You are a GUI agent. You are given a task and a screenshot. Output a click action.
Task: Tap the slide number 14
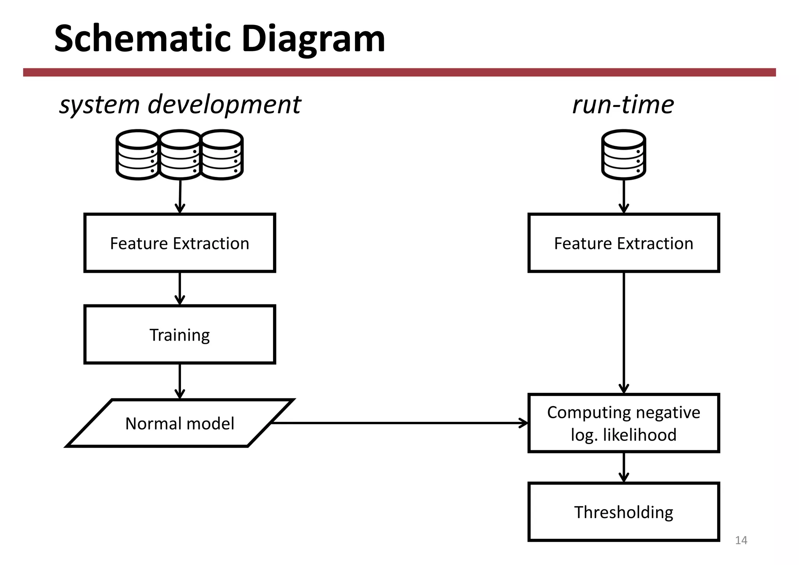[741, 540]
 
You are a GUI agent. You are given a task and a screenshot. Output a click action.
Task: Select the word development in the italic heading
[224, 105]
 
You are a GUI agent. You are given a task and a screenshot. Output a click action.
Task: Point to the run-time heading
[623, 105]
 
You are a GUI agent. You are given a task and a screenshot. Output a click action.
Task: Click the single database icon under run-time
[623, 155]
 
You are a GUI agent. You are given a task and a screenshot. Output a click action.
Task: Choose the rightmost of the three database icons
[222, 155]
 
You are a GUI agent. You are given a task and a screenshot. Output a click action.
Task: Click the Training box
[180, 335]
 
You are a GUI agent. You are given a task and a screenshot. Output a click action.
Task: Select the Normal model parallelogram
[180, 423]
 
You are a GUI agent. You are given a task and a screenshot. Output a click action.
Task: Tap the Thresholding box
[623, 512]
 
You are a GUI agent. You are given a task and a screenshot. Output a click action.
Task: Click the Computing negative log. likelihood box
[623, 423]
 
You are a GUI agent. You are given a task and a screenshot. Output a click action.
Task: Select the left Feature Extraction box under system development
[180, 243]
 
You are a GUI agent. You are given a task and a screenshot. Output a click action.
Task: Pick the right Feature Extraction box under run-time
[623, 243]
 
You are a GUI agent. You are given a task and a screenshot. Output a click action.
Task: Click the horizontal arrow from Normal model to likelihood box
[398, 423]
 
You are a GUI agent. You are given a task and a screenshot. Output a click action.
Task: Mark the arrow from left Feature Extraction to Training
[180, 288]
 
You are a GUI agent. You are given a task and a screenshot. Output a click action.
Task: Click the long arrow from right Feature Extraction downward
[624, 332]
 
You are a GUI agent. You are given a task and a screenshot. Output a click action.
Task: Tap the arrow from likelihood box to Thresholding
[624, 467]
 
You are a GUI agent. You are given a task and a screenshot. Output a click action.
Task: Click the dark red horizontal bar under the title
[399, 72]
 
